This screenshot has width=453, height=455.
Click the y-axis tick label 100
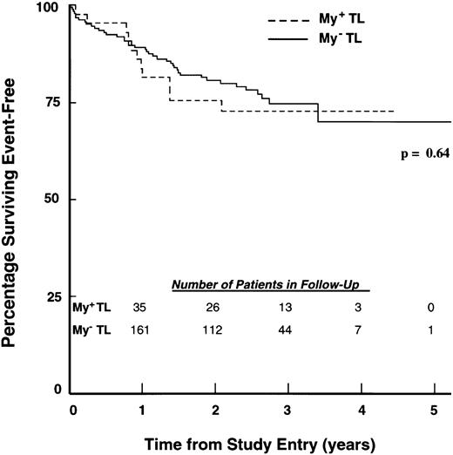[x=52, y=8]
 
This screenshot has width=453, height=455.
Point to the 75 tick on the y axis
[x=55, y=103]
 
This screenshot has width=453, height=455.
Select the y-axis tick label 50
[x=55, y=199]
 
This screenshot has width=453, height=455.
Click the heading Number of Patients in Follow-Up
[x=271, y=285]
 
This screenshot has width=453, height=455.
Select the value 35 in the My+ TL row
[x=139, y=308]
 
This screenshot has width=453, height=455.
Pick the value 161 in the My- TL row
[x=139, y=329]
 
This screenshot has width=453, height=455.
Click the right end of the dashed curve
[x=395, y=112]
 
